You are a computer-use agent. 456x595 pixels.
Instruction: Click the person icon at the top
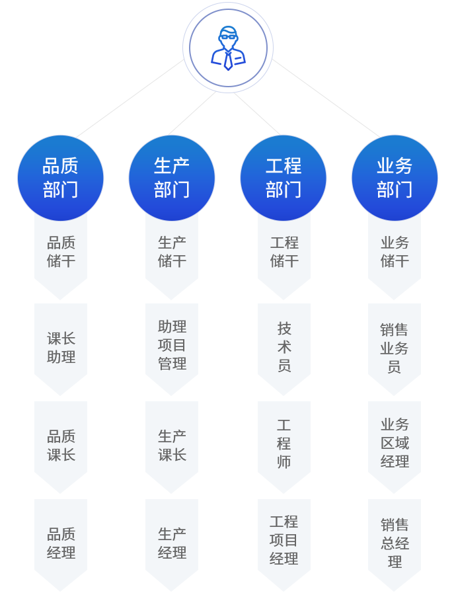[228, 48]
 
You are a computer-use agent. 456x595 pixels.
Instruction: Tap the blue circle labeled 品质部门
[61, 178]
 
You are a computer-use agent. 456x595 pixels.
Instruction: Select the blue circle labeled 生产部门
[172, 178]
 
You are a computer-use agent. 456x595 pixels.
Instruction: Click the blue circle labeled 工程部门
[284, 178]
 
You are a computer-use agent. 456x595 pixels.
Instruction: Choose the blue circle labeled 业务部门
[395, 178]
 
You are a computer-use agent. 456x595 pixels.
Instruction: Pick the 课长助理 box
[61, 348]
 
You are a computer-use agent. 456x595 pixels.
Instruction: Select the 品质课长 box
[61, 446]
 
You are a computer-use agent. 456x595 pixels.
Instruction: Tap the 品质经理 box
[61, 543]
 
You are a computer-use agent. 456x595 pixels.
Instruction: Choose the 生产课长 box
[172, 446]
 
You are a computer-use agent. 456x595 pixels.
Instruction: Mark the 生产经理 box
[172, 543]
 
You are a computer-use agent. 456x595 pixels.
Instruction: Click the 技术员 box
[284, 348]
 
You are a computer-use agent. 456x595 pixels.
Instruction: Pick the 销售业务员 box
[395, 348]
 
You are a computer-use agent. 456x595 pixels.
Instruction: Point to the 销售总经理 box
[395, 543]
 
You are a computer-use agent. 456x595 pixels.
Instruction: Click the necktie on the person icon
[228, 61]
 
